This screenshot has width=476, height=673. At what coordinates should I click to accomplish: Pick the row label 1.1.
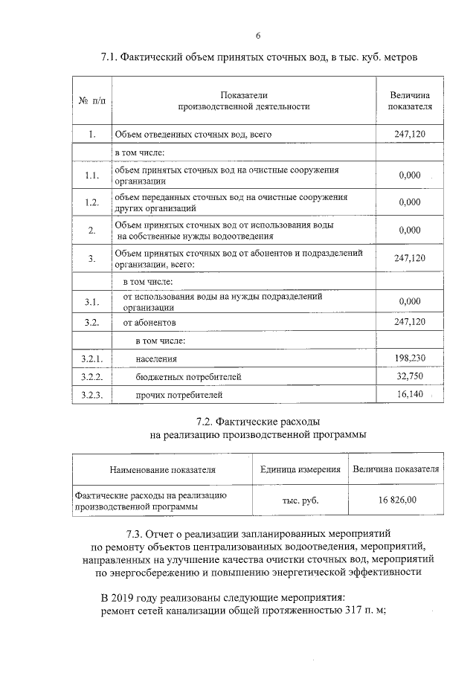click(91, 176)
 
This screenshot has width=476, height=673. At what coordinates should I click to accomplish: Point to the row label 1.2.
click(91, 202)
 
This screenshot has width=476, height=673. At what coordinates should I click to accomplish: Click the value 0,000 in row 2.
click(410, 230)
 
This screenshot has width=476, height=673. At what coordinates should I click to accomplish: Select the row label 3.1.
click(91, 301)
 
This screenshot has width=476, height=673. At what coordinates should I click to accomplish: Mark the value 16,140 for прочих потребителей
click(410, 394)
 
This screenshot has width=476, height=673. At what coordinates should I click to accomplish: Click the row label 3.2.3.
click(91, 395)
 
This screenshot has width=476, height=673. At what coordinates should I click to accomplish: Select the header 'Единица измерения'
click(300, 470)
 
